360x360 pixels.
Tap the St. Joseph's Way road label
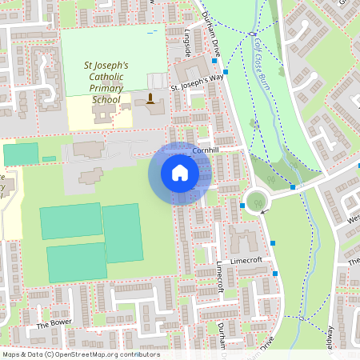pyautogui.click(x=197, y=82)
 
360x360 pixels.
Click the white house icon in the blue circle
pyautogui.click(x=180, y=173)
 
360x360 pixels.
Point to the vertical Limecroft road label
pyautogui.click(x=219, y=277)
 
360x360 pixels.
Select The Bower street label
pyautogui.click(x=54, y=325)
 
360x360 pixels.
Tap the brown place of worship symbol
pyautogui.click(x=150, y=99)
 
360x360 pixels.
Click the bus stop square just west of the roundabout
pyautogui.click(x=242, y=206)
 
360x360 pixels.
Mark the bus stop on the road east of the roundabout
pyautogui.click(x=293, y=187)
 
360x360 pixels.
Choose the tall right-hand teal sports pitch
pyautogui.click(x=123, y=233)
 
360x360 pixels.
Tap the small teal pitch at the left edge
pyautogui.click(x=21, y=154)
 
